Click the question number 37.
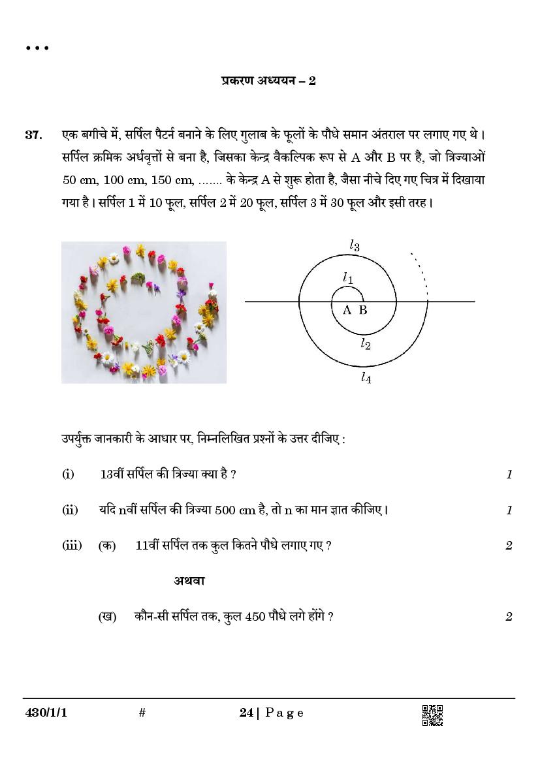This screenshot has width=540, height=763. coord(33,135)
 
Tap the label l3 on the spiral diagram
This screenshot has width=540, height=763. coord(355,245)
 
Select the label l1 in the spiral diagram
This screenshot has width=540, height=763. coord(349,278)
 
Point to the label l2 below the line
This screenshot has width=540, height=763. coord(366,343)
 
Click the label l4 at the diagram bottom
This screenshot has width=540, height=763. coord(366,377)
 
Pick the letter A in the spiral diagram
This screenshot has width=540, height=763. coord(347,310)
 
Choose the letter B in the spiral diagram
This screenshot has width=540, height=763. coord(363,310)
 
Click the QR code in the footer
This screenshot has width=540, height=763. coord(432,715)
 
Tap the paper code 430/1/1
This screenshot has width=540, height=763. coord(46,713)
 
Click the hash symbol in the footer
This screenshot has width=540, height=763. coord(142,713)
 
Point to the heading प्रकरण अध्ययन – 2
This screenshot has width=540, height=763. coord(268,81)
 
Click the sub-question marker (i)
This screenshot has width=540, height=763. coord(68,474)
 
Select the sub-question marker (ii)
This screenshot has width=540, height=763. coord(69,510)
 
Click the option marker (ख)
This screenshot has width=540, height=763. coord(107,616)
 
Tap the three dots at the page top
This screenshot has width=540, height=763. coord(37,48)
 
